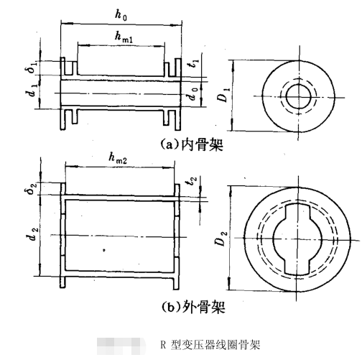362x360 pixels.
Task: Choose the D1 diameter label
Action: [x=224, y=93]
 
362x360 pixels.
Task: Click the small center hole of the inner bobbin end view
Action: [x=295, y=95]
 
